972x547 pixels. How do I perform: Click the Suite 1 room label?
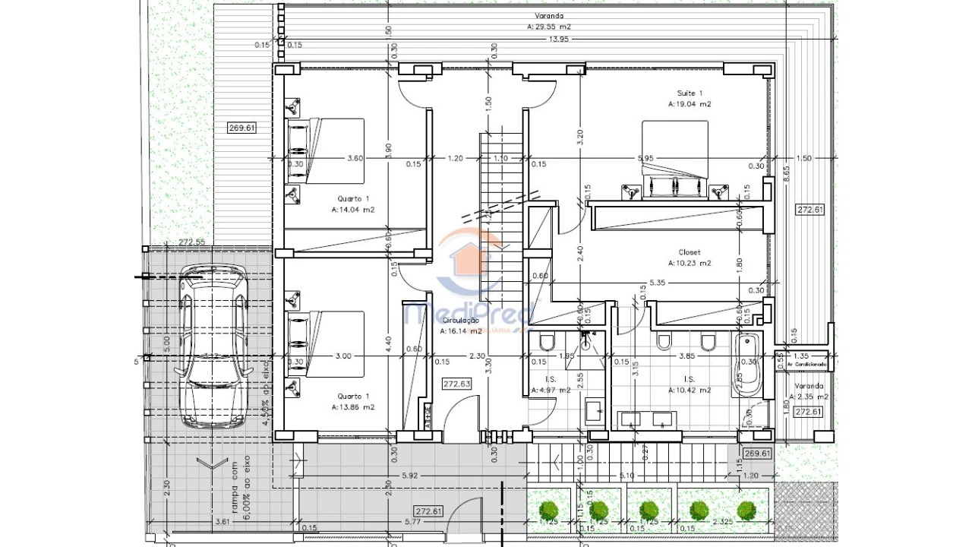(690, 93)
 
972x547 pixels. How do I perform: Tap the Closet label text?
(690, 252)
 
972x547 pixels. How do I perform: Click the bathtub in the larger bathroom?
(748, 366)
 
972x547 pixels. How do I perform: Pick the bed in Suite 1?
(674, 160)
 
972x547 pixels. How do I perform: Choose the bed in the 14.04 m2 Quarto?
(327, 150)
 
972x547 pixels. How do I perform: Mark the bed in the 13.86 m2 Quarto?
(327, 344)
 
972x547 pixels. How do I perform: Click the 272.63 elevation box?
(456, 384)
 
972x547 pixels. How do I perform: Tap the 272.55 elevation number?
(192, 242)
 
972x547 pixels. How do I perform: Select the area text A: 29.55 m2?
(548, 27)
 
